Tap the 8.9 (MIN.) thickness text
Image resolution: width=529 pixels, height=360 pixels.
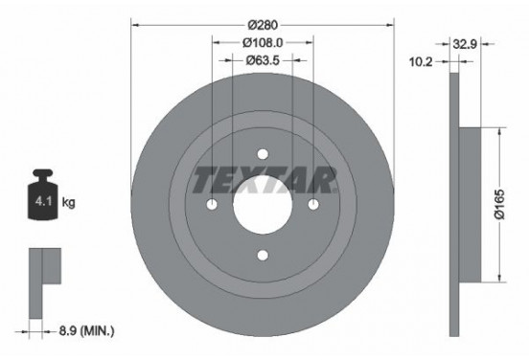click(85, 330)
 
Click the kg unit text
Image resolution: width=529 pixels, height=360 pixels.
click(69, 202)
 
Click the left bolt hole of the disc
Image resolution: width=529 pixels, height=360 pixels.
click(214, 205)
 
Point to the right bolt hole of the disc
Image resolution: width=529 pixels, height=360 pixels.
click(311, 205)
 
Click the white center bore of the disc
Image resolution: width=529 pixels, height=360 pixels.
click(263, 206)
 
